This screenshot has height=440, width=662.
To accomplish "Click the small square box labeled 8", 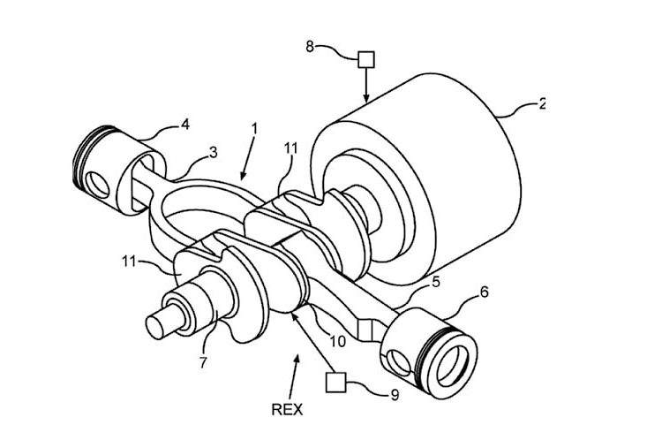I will pos(365,60).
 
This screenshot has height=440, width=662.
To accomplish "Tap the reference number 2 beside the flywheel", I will pos(542,103).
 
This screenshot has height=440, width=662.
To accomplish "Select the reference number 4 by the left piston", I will pos(184,125).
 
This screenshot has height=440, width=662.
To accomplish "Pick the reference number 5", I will pos(435,284).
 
